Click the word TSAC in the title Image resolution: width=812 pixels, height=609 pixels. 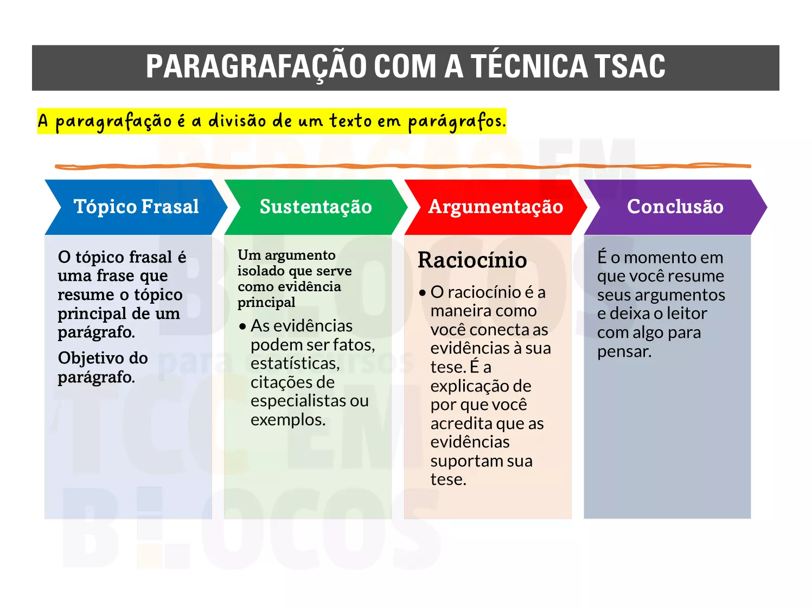point(631,67)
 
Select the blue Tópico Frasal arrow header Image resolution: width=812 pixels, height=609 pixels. point(136,207)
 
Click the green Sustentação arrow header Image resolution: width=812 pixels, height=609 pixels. point(316,207)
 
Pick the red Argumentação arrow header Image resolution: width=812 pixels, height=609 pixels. point(496,207)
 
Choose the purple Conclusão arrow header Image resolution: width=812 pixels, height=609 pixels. point(675,207)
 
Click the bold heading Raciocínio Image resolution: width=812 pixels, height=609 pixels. point(472,260)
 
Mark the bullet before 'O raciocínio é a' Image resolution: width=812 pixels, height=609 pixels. point(423,293)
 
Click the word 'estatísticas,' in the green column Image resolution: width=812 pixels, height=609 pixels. point(295,363)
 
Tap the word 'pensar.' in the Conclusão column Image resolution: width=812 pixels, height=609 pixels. point(624,352)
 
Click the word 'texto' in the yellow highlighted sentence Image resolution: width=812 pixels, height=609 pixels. point(350,120)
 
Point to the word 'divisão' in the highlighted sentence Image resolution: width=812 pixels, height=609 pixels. point(237,120)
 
